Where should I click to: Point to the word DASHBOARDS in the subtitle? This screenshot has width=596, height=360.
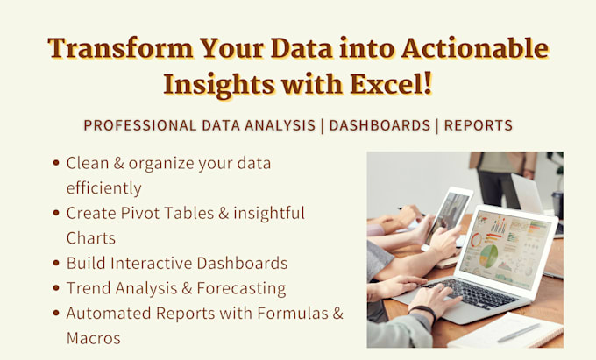(378, 125)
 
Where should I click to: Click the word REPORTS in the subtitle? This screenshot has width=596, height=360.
(478, 125)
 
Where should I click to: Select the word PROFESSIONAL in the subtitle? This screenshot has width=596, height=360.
(140, 125)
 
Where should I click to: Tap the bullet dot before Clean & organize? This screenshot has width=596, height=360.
(57, 163)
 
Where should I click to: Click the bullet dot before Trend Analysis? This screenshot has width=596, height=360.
(57, 287)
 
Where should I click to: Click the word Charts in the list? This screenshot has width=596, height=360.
(91, 237)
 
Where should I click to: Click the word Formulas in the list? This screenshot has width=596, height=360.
(281, 313)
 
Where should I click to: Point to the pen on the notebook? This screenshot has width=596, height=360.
(518, 333)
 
